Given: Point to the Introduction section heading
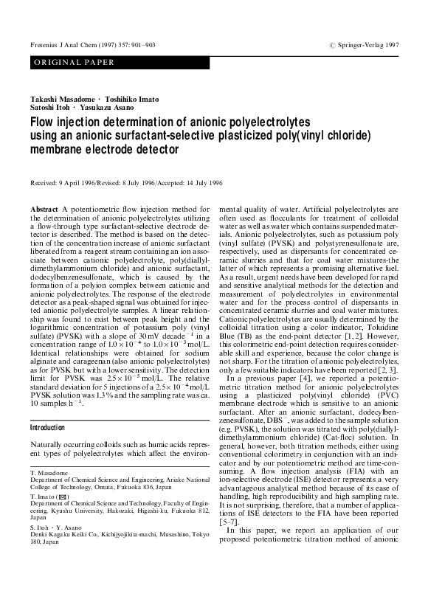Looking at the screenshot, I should tap(48, 427).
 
